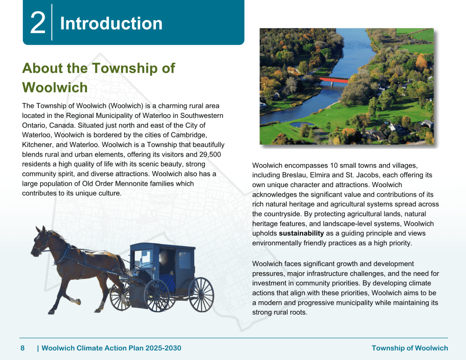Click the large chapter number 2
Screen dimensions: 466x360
click(x=38, y=23)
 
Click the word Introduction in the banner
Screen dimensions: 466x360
click(x=111, y=23)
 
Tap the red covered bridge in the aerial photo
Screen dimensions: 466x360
click(x=334, y=80)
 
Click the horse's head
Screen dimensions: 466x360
click(x=40, y=240)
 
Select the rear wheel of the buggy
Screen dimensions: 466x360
click(x=201, y=294)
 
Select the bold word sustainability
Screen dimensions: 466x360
click(x=301, y=233)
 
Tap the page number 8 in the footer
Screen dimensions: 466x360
click(x=23, y=348)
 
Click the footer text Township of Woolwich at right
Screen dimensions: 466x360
click(x=410, y=348)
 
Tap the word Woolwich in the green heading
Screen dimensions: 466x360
click(x=55, y=87)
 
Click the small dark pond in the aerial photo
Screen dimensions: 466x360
click(x=301, y=124)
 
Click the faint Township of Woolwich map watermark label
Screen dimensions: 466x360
click(x=163, y=199)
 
